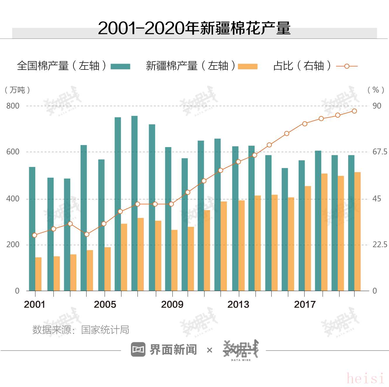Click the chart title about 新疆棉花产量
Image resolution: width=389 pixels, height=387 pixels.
(194, 28)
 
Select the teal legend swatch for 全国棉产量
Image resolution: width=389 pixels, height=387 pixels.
(120, 66)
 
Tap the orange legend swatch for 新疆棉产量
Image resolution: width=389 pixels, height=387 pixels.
(248, 66)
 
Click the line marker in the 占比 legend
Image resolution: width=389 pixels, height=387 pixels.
(347, 66)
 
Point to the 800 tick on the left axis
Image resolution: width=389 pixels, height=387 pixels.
(13, 106)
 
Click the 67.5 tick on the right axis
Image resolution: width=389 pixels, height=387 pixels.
(380, 152)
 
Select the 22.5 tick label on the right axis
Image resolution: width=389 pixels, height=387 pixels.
(380, 245)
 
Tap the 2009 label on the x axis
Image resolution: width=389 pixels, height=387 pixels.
(172, 304)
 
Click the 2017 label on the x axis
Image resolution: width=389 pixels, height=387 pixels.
(305, 304)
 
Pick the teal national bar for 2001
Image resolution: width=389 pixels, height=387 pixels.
(32, 229)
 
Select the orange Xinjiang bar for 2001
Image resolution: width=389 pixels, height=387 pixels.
(38, 274)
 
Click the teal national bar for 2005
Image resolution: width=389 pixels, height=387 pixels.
(101, 225)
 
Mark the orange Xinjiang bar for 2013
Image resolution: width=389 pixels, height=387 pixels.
(242, 245)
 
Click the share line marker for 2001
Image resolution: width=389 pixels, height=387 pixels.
(35, 235)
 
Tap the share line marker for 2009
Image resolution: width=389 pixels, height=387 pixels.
(171, 204)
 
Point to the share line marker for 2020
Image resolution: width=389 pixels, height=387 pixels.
(354, 111)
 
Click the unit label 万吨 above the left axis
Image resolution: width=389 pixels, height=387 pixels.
(17, 90)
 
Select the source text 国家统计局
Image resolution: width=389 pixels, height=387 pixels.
(105, 330)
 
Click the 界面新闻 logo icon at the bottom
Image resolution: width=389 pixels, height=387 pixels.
(138, 349)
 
